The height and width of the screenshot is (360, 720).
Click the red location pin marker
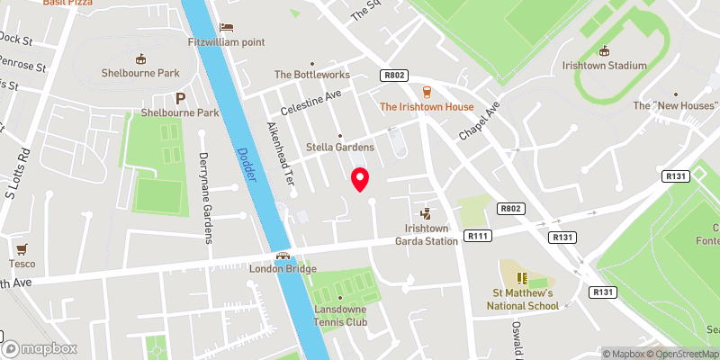[x=360, y=179]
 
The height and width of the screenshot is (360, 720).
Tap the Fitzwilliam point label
[x=225, y=41]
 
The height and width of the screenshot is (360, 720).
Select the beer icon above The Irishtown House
[x=427, y=92]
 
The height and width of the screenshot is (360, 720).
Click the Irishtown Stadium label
[x=605, y=65]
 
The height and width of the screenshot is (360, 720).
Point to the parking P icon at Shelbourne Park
[x=180, y=98]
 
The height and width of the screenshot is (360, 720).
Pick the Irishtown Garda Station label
[x=427, y=235]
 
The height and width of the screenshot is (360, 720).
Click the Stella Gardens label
[x=340, y=147]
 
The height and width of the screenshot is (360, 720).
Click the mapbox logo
[x=40, y=348]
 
